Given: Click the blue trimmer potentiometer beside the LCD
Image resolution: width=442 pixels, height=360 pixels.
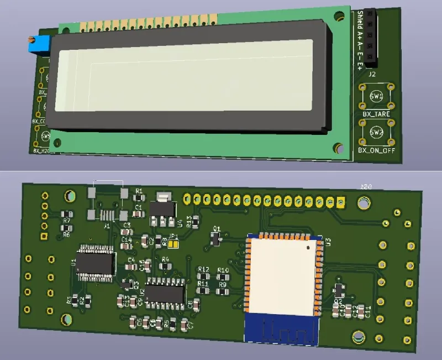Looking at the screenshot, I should [35, 43].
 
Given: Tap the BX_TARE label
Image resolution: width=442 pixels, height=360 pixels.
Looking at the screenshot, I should [376, 114].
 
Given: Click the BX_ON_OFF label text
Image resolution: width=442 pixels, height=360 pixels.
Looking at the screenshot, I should [376, 150].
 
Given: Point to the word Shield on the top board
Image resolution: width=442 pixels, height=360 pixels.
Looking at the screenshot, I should [360, 20].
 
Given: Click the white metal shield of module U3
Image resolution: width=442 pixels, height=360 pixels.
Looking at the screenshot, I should [282, 275].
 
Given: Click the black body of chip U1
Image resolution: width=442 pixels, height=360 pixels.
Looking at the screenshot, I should [96, 264].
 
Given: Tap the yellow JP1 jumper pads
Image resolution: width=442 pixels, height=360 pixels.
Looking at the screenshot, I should [173, 242].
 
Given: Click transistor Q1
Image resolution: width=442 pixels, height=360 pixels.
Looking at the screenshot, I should [216, 238].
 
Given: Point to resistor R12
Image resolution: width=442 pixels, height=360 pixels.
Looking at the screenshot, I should [203, 275].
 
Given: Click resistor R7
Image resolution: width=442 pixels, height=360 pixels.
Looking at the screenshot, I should [67, 215].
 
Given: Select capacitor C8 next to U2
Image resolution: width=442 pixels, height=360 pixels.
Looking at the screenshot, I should [191, 304].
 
